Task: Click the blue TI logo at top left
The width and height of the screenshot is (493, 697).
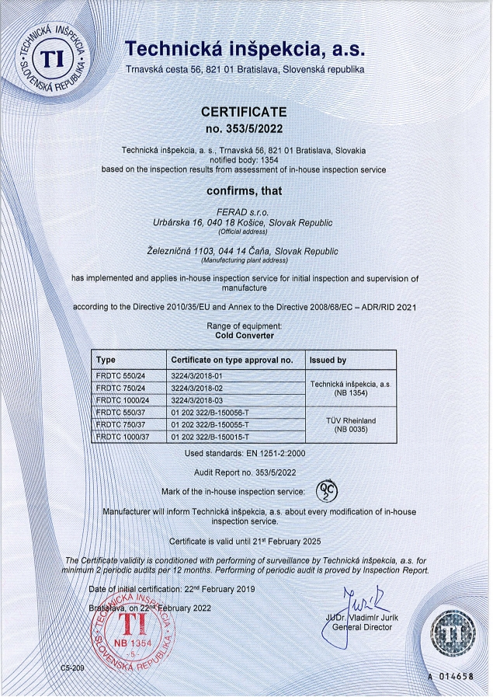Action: pos(53,57)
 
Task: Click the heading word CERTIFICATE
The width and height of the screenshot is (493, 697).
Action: pos(245,112)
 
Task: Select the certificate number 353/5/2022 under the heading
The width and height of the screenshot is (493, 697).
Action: pos(245,127)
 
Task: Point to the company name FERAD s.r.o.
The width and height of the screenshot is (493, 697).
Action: pos(244,212)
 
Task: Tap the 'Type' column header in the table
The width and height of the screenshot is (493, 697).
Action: pos(105,361)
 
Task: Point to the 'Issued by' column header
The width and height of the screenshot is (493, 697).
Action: pos(328,361)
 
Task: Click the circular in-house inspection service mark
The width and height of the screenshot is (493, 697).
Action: pos(327,492)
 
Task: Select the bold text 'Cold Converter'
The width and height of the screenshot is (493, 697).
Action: pos(245,336)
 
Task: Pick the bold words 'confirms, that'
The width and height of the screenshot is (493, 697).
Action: pos(244,190)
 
